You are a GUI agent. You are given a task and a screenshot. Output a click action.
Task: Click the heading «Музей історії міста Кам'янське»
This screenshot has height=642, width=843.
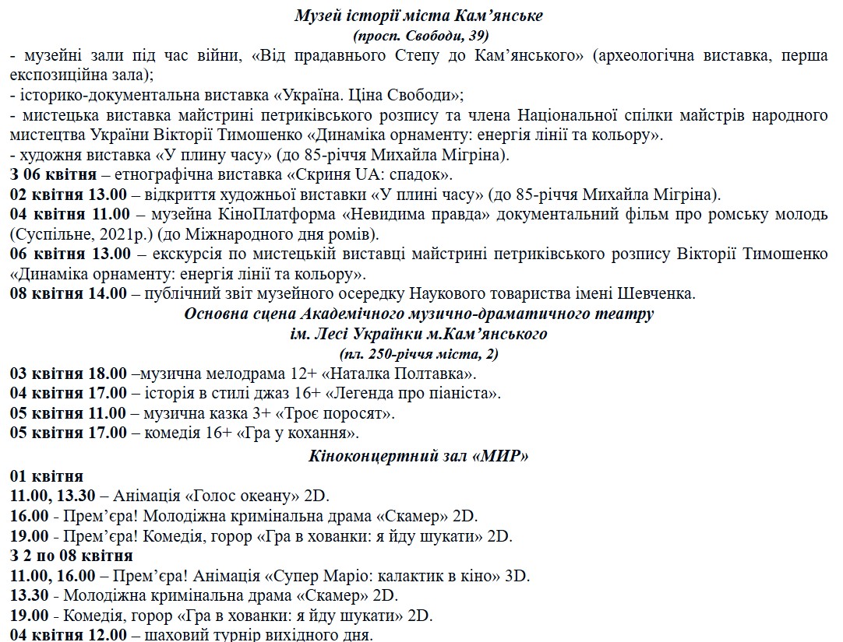419,16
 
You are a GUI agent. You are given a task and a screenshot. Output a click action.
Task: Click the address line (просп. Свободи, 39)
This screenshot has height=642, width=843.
421,35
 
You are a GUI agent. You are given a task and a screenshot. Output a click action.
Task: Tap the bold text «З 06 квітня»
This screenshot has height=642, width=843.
53,174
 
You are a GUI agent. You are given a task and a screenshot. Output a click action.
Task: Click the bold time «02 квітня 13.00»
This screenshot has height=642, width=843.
69,194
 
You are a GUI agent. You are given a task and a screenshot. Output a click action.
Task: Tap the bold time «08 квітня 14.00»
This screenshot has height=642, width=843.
69,294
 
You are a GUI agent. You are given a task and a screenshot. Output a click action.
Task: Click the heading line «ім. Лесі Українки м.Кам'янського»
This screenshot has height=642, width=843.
418,334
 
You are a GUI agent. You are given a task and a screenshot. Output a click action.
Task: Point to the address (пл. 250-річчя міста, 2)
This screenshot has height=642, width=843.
419,354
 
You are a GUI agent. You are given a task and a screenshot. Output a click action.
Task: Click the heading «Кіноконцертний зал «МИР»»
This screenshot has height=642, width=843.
419,456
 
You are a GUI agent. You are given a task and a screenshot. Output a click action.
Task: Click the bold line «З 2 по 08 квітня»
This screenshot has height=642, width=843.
71,556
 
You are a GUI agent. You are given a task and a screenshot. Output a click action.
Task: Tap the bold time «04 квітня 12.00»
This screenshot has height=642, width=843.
69,635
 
